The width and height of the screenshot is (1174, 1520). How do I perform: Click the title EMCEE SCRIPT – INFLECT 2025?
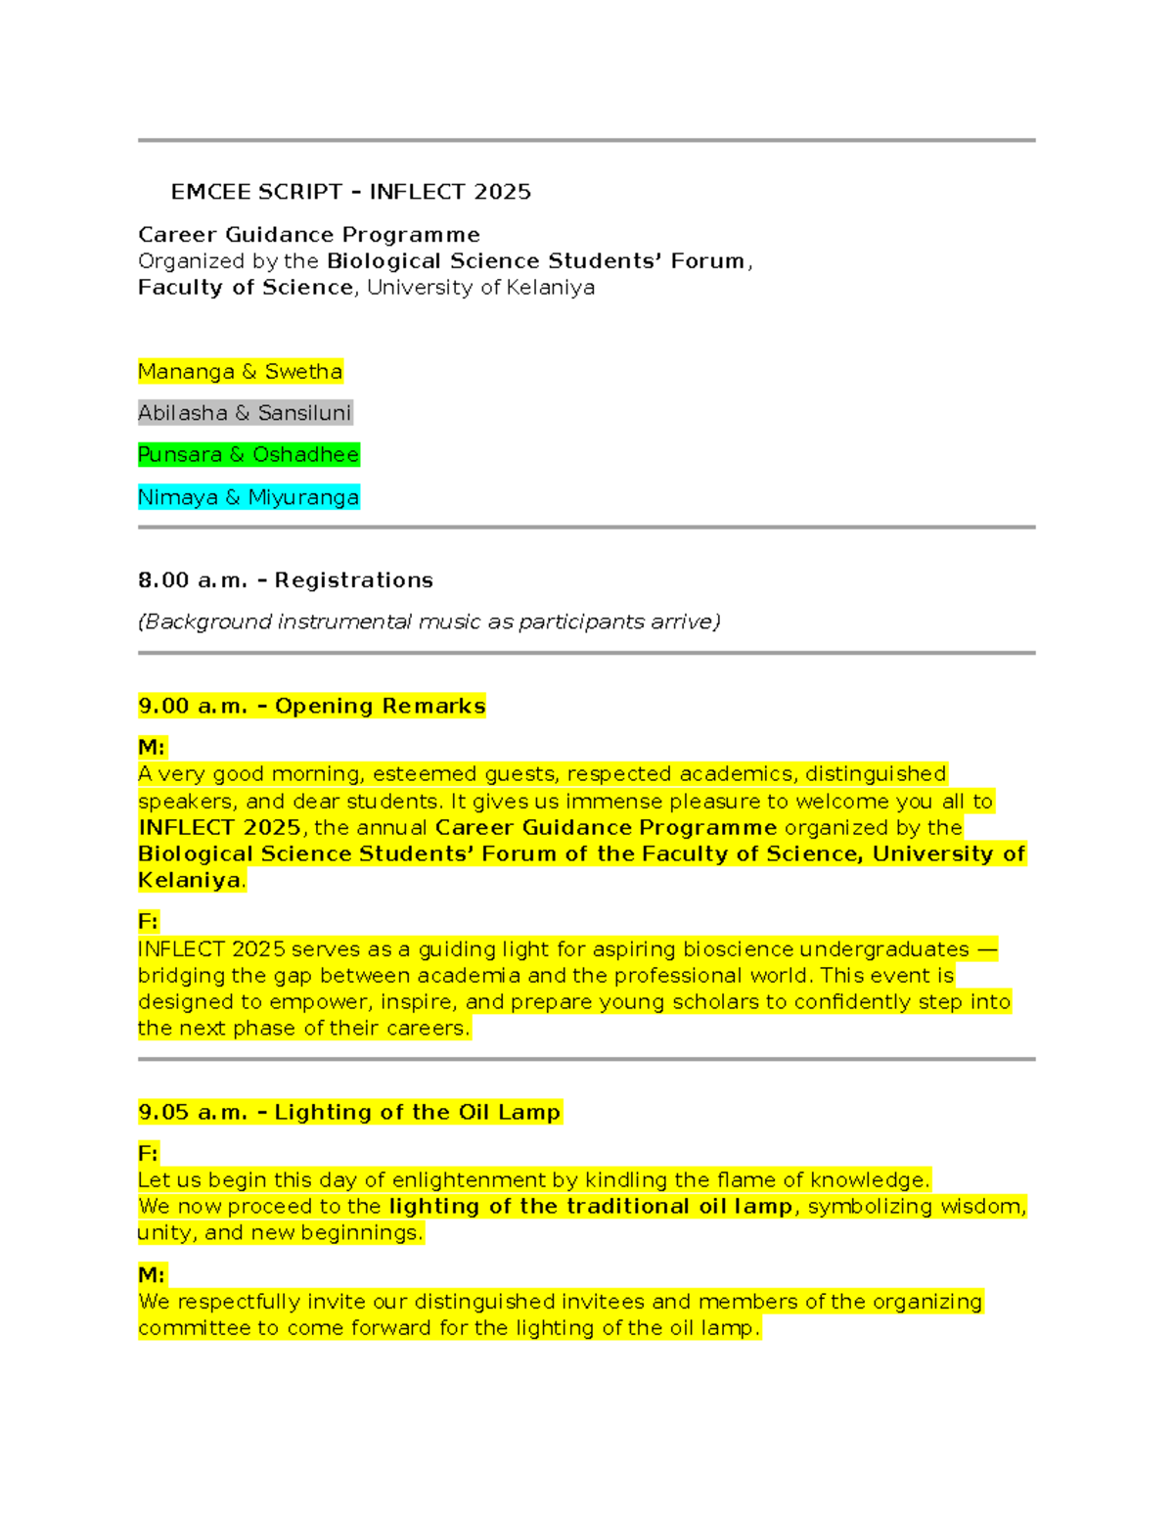350,192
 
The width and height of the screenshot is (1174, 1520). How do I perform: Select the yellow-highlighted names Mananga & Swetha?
240,372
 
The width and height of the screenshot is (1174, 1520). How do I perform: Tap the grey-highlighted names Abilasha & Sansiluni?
245,413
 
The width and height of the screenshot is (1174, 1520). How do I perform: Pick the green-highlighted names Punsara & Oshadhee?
248,455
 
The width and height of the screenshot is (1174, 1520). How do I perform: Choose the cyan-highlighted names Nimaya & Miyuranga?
248,497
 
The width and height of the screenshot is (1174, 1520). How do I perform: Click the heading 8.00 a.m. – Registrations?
285,580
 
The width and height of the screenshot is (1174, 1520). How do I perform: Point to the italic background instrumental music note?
429,622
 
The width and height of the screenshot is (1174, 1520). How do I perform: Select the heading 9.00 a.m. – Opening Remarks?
311,706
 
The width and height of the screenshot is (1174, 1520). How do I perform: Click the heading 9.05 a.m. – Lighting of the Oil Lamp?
349,1112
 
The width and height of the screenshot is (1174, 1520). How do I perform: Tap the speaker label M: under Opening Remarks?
152,748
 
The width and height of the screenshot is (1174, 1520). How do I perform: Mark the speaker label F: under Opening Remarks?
148,921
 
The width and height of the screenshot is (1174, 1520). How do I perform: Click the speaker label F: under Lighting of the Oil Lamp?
148,1153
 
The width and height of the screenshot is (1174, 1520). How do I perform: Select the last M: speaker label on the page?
152,1274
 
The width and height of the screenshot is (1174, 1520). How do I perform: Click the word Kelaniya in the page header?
550,288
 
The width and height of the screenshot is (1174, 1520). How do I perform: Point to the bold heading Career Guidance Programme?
308,235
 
